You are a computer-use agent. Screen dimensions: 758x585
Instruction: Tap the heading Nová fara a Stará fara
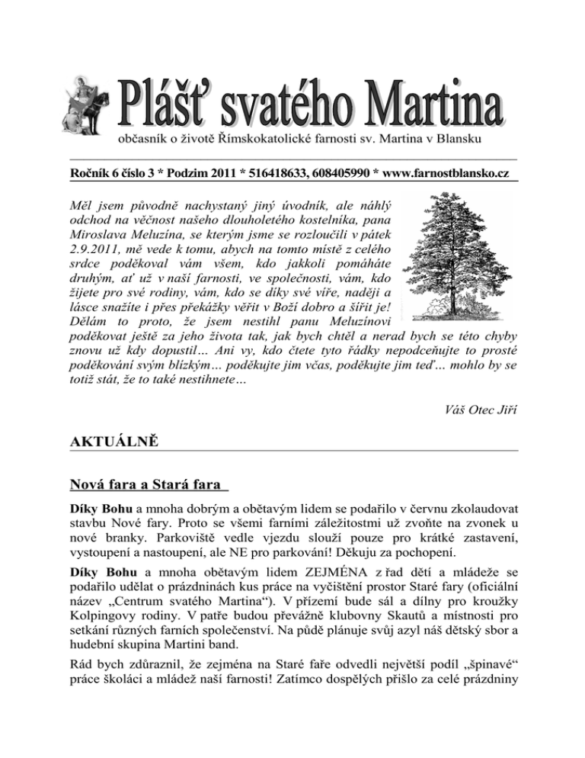146,484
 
